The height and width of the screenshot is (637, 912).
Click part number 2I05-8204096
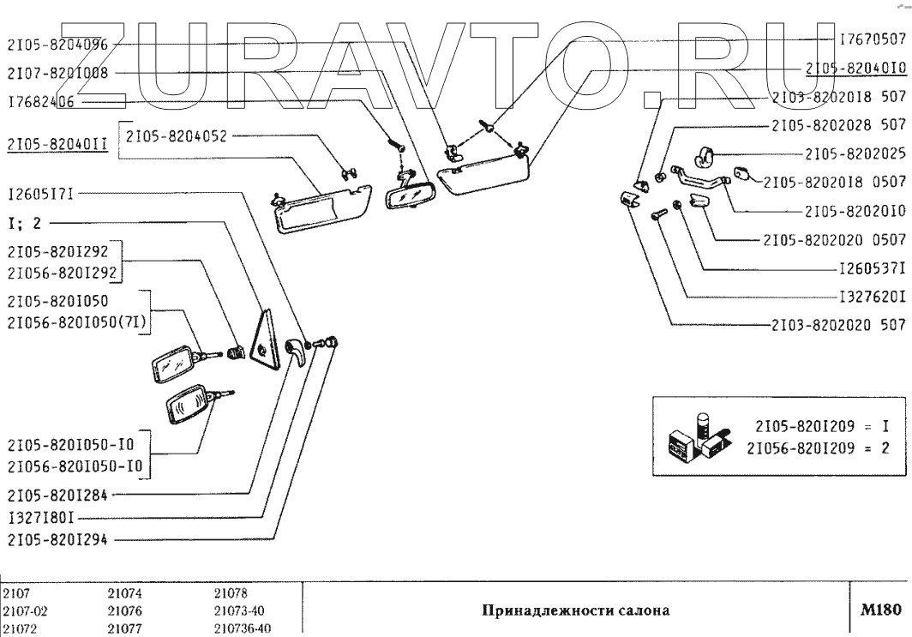tap(57, 45)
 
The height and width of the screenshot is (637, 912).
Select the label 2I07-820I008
tap(57, 73)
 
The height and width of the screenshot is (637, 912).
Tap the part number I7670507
tap(873, 39)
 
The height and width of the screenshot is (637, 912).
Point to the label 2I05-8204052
tap(177, 136)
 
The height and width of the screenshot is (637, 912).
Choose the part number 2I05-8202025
tap(855, 153)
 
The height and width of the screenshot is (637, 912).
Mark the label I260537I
tap(873, 269)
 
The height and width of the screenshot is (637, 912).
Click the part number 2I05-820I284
tap(57, 495)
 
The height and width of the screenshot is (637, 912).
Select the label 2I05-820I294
tap(57, 540)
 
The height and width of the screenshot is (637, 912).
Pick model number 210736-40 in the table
tap(242, 628)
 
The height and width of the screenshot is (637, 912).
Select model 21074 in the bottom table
tap(124, 594)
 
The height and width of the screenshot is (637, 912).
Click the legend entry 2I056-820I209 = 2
tap(818, 448)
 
